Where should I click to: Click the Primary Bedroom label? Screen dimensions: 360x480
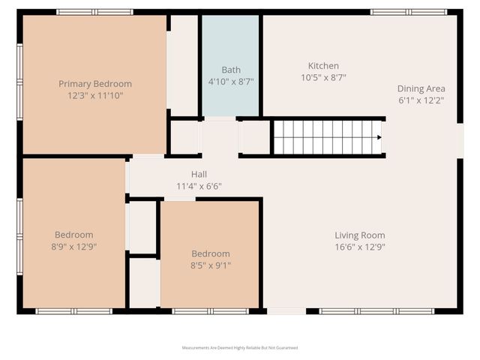point(95,84)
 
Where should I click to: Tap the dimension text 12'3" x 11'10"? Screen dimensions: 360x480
point(95,95)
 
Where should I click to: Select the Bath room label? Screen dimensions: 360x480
point(230,70)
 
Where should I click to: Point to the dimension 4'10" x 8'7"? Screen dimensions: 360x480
point(230,81)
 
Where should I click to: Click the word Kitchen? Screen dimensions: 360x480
point(323,66)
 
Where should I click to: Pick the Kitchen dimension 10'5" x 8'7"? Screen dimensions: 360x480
point(323,77)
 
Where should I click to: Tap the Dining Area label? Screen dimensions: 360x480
point(421,88)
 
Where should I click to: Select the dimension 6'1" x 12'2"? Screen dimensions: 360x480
point(421,100)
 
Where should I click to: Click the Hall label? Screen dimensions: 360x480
point(199,175)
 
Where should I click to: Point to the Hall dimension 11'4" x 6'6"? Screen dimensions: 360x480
point(199,186)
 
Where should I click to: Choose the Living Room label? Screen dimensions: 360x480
point(359,235)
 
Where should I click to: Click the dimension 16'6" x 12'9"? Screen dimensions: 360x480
point(359,246)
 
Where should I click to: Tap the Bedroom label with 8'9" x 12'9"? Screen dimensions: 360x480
point(73,235)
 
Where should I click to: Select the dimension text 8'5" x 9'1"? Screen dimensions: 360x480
point(211,265)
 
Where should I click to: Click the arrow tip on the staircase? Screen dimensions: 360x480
point(379,137)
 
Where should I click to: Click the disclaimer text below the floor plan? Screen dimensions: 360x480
point(240,348)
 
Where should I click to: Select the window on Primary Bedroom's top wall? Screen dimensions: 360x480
point(94,12)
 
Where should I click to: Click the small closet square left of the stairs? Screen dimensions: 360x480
point(254,137)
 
